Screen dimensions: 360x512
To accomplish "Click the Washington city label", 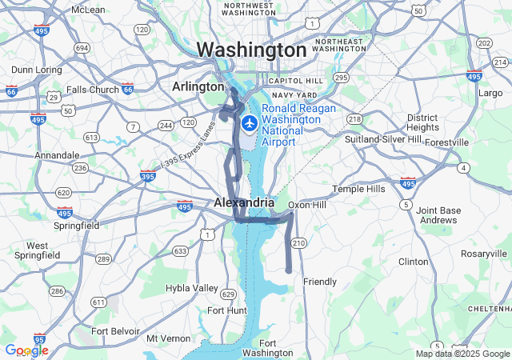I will pyautogui.click(x=250, y=50).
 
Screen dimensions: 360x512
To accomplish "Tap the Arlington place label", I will pyautogui.click(x=198, y=86).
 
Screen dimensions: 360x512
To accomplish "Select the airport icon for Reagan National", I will pyautogui.click(x=250, y=124).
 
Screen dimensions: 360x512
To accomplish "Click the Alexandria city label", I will pyautogui.click(x=244, y=203).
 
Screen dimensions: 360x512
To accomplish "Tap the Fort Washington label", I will pyautogui.click(x=266, y=348).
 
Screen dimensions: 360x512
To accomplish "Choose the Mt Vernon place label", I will pyautogui.click(x=169, y=338).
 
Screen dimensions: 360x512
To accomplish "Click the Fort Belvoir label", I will pyautogui.click(x=115, y=330).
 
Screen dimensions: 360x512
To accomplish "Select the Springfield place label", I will pyautogui.click(x=74, y=226).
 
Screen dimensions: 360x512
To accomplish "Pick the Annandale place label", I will pyautogui.click(x=57, y=155).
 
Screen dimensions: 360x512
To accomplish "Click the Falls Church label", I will pyautogui.click(x=92, y=90).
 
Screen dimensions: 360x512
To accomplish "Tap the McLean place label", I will pyautogui.click(x=88, y=10).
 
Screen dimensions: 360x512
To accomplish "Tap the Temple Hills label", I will pyautogui.click(x=358, y=189).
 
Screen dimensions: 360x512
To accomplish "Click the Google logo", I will pyautogui.click(x=26, y=350).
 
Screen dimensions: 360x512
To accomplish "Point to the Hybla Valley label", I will pyautogui.click(x=191, y=288).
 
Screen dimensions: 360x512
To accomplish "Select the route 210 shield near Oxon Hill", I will pyautogui.click(x=298, y=242).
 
